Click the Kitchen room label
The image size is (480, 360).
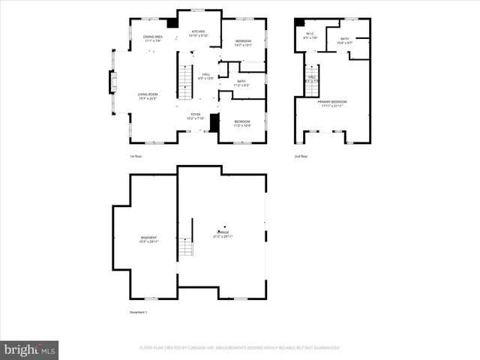(x=198, y=33)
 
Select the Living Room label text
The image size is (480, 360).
(x=147, y=96)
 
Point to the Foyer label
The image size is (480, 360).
(x=194, y=115)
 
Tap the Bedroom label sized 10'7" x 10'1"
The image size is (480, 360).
(x=243, y=43)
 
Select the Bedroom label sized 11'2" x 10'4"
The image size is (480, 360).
(x=241, y=123)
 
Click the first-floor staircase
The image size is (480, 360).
(x=185, y=81)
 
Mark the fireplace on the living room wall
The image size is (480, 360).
(x=113, y=82)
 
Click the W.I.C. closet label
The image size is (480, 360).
(x=310, y=35)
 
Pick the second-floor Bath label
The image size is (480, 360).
(x=344, y=40)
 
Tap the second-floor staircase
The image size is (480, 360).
(x=312, y=85)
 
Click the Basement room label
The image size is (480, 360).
(x=148, y=239)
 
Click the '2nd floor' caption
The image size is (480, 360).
(x=301, y=156)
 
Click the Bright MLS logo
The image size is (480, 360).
(x=30, y=349)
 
